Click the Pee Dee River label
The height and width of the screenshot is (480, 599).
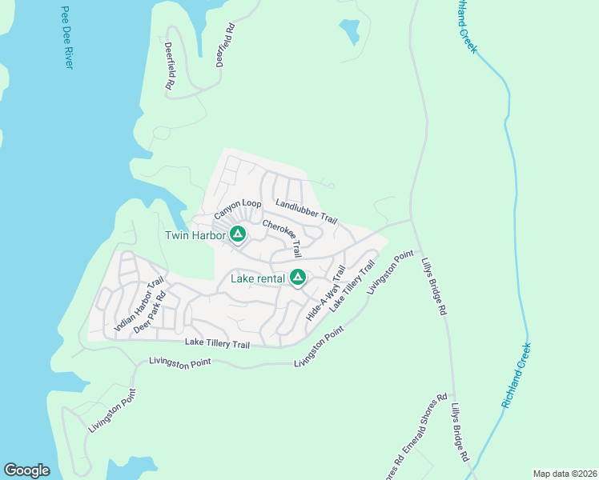click(x=66, y=38)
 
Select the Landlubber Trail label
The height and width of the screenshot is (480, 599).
click(x=306, y=211)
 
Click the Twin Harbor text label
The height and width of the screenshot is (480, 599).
click(x=195, y=235)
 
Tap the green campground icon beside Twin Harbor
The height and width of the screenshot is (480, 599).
click(x=237, y=234)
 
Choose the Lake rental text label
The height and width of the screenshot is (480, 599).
click(x=258, y=278)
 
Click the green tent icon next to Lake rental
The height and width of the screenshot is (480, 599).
click(x=297, y=278)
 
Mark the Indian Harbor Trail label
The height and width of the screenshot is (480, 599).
click(x=139, y=304)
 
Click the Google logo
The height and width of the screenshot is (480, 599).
click(x=26, y=470)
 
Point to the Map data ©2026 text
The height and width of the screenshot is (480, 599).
click(x=564, y=473)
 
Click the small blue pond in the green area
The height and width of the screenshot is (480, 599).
click(x=349, y=32)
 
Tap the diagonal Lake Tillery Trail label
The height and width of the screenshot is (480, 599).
click(x=352, y=289)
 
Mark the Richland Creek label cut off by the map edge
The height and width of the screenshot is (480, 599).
click(x=466, y=26)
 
